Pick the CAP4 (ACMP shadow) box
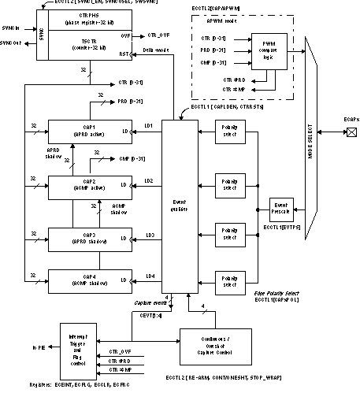coord(89,281)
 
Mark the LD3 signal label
coord(149,235)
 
